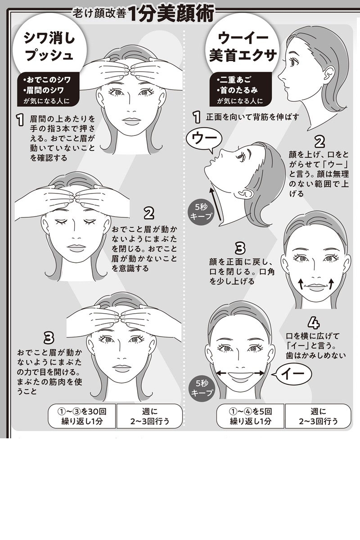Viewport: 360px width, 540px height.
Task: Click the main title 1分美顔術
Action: (171, 14)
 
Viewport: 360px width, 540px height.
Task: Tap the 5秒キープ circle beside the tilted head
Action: (201, 211)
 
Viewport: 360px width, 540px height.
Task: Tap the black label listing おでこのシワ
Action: (48, 90)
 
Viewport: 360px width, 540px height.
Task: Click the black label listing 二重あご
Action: (240, 90)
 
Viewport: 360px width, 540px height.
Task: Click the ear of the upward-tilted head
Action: (246, 193)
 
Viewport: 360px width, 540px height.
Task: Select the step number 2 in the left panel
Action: (149, 213)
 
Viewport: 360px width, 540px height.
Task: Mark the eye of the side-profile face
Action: (294, 62)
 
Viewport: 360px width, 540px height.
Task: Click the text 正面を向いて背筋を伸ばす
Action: (252, 117)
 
